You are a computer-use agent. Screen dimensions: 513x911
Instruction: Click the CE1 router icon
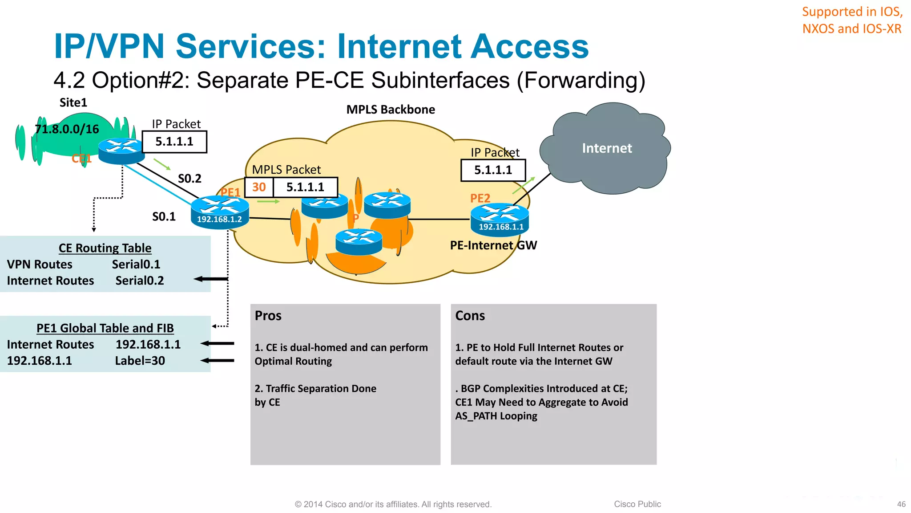[121, 150]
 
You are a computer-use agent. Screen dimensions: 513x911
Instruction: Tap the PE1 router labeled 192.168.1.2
[220, 212]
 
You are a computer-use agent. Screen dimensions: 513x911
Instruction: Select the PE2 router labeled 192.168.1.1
[500, 219]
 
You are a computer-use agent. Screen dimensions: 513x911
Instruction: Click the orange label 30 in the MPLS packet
[259, 187]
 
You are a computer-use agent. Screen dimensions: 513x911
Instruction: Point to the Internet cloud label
[607, 148]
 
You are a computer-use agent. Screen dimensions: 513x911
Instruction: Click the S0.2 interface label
[189, 179]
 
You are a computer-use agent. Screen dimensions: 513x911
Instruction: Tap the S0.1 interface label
[164, 217]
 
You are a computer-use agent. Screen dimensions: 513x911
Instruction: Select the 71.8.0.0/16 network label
[67, 129]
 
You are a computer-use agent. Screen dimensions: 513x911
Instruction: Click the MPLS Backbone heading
[391, 110]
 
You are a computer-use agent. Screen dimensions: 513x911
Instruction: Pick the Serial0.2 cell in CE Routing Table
[140, 281]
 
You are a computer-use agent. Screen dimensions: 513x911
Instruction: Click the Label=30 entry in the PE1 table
[140, 361]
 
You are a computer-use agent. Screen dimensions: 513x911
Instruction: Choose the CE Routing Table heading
[105, 248]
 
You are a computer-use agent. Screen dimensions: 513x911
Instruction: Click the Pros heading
[268, 316]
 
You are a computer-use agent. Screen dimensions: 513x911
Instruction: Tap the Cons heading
[470, 316]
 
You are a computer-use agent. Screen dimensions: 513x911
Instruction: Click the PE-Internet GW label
[493, 245]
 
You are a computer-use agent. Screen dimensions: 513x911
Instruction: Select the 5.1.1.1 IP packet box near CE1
[174, 142]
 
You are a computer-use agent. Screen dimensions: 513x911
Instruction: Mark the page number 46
[901, 504]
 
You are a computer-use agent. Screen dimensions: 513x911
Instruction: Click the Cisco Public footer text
[637, 504]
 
